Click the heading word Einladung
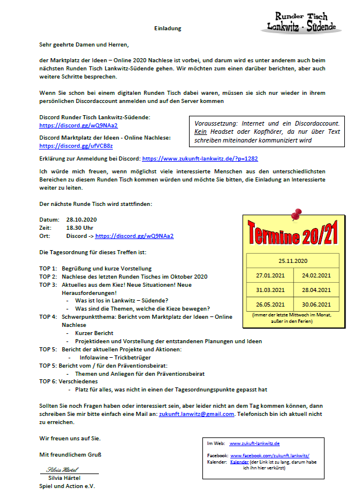tap(168, 28)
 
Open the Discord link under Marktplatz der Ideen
tap(76, 146)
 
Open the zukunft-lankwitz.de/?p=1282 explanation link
tap(199, 158)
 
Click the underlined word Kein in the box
tap(201, 132)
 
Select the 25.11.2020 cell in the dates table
tap(293, 261)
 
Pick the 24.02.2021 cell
tap(316, 275)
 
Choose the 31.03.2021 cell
tap(270, 290)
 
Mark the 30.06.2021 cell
tap(316, 304)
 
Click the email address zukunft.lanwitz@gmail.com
tap(197, 414)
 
